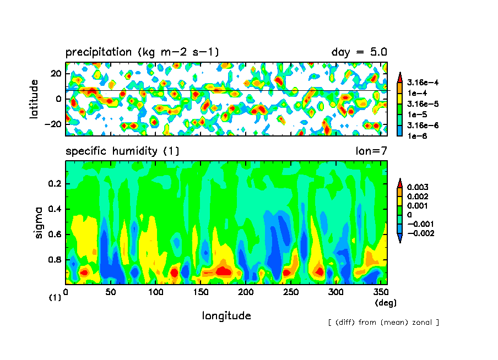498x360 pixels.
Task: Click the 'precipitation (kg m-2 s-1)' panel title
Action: tap(142, 52)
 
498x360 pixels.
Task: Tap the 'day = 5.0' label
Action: tap(359, 52)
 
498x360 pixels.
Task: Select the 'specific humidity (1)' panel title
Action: tap(122, 151)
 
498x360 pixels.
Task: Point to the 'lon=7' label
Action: tap(372, 151)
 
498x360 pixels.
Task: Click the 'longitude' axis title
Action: tap(226, 315)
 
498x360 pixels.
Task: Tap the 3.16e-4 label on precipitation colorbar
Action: tap(419, 83)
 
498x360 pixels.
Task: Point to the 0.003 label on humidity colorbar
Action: tap(417, 187)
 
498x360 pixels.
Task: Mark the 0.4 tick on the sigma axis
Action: tap(57, 209)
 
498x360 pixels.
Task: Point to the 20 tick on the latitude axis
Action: tap(56, 73)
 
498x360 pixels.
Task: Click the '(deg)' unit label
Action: tap(385, 302)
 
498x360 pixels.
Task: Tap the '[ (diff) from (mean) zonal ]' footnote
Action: tap(383, 322)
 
